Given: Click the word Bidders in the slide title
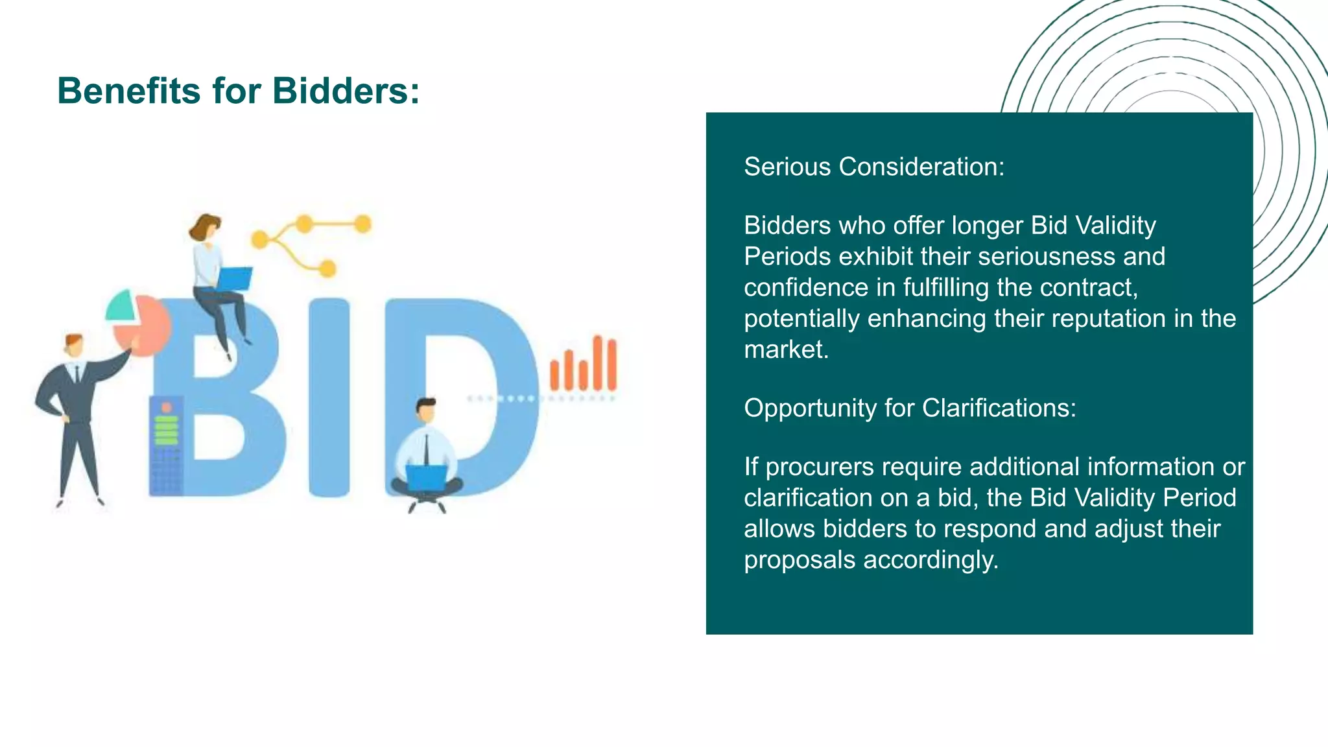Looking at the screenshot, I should point(345,91).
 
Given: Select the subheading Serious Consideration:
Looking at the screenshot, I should point(873,167).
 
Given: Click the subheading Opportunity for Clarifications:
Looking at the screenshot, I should point(910,409).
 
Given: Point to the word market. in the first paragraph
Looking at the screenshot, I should point(786,350).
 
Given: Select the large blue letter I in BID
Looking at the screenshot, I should point(329,397).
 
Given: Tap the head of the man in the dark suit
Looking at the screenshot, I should point(74,345).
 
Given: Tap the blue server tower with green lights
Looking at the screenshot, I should point(165,446).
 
